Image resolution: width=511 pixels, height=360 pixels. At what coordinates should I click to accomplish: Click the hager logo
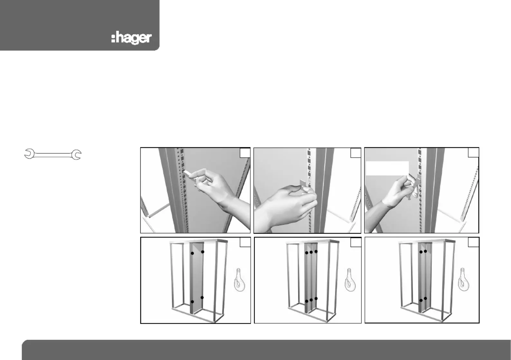131,38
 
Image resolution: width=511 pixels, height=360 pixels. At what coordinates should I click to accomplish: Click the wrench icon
53,154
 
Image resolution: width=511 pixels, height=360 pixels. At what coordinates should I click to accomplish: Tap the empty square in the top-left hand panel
245,153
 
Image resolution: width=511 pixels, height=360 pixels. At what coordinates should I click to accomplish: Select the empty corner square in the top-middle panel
356,153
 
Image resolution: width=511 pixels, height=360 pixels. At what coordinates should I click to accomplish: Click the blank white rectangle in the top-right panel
387,168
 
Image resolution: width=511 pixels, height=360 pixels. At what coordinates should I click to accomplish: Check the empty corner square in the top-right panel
473,152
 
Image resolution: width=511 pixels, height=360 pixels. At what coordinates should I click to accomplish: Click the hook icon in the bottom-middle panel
350,280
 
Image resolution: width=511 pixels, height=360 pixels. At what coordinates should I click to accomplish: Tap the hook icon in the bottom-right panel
464,279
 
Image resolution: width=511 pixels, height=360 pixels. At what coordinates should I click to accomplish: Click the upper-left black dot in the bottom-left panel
192,253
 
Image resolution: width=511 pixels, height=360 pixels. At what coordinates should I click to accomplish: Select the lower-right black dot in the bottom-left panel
202,298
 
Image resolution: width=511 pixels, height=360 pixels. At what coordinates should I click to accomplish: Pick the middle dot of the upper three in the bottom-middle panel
311,252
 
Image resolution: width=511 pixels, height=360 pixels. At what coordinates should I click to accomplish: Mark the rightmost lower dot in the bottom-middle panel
316,299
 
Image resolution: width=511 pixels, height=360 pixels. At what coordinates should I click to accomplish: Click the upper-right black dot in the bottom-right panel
425,251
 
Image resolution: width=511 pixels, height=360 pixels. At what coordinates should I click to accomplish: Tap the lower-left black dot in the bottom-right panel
421,300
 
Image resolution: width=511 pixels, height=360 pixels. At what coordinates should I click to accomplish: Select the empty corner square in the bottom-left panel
245,242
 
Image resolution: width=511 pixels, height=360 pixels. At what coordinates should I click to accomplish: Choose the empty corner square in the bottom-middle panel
356,242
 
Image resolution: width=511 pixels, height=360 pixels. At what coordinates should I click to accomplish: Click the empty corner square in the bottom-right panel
473,242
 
